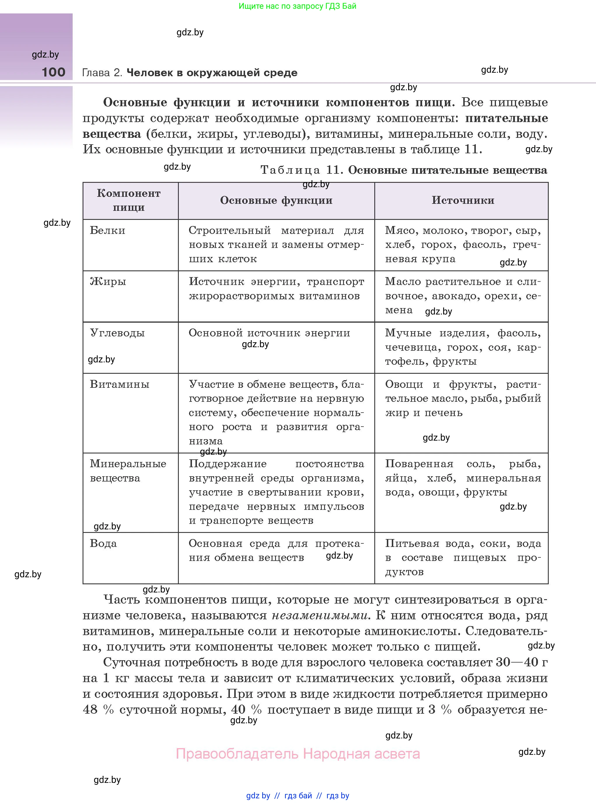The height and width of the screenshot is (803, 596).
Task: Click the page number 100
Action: tap(53, 72)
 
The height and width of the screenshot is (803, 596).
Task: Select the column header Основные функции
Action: tap(276, 200)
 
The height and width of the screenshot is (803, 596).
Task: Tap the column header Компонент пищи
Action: tap(129, 200)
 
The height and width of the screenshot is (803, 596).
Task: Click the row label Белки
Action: tap(108, 230)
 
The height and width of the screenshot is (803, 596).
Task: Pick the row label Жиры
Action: tap(108, 281)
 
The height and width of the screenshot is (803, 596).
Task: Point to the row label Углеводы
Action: tap(117, 333)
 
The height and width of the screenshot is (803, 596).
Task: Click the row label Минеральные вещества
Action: tap(128, 470)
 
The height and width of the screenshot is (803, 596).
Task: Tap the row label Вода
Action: tap(103, 543)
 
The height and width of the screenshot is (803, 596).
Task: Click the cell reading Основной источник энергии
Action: tap(269, 333)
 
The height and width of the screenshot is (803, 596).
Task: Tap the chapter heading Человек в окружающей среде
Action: tap(212, 73)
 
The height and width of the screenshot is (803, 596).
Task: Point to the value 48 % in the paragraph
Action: tap(98, 710)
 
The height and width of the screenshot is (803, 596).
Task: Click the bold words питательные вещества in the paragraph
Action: tap(506, 118)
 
